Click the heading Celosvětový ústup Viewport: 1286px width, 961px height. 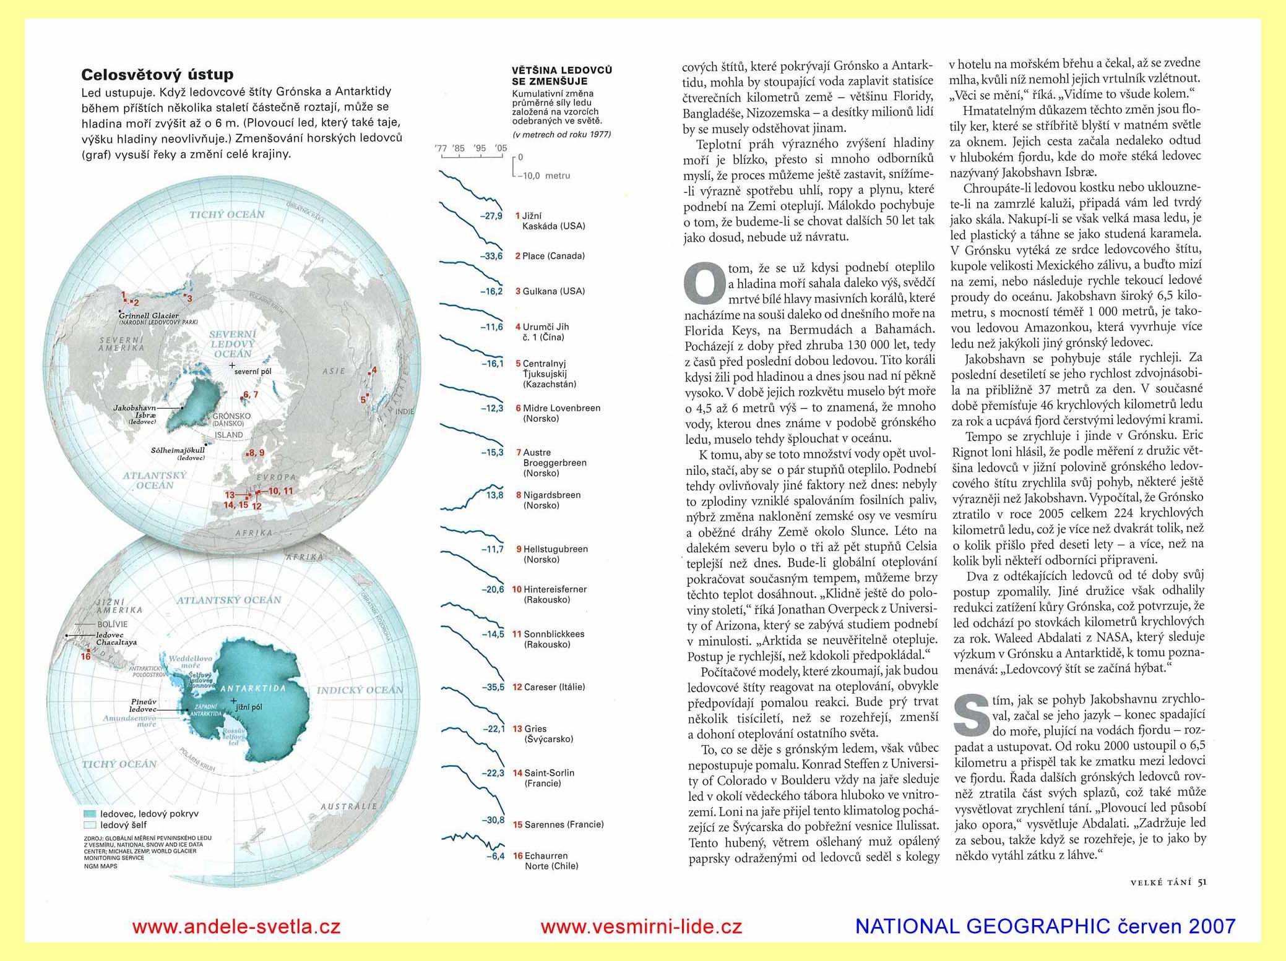point(157,75)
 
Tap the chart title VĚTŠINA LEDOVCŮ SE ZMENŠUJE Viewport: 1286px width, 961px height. point(562,75)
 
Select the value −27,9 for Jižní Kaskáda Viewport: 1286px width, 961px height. point(491,216)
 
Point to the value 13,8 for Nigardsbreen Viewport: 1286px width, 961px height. point(494,495)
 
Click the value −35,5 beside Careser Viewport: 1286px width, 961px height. point(493,687)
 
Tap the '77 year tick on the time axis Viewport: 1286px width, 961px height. point(441,148)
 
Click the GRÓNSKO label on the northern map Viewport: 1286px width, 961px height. point(231,416)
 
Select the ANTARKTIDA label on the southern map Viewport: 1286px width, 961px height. point(253,688)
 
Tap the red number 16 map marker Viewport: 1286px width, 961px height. point(85,656)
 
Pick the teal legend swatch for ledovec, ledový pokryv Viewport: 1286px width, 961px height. point(89,814)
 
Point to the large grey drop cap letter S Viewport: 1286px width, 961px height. point(972,715)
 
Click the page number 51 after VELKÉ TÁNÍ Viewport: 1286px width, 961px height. point(1202,882)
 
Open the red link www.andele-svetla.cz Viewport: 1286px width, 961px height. point(236,926)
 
